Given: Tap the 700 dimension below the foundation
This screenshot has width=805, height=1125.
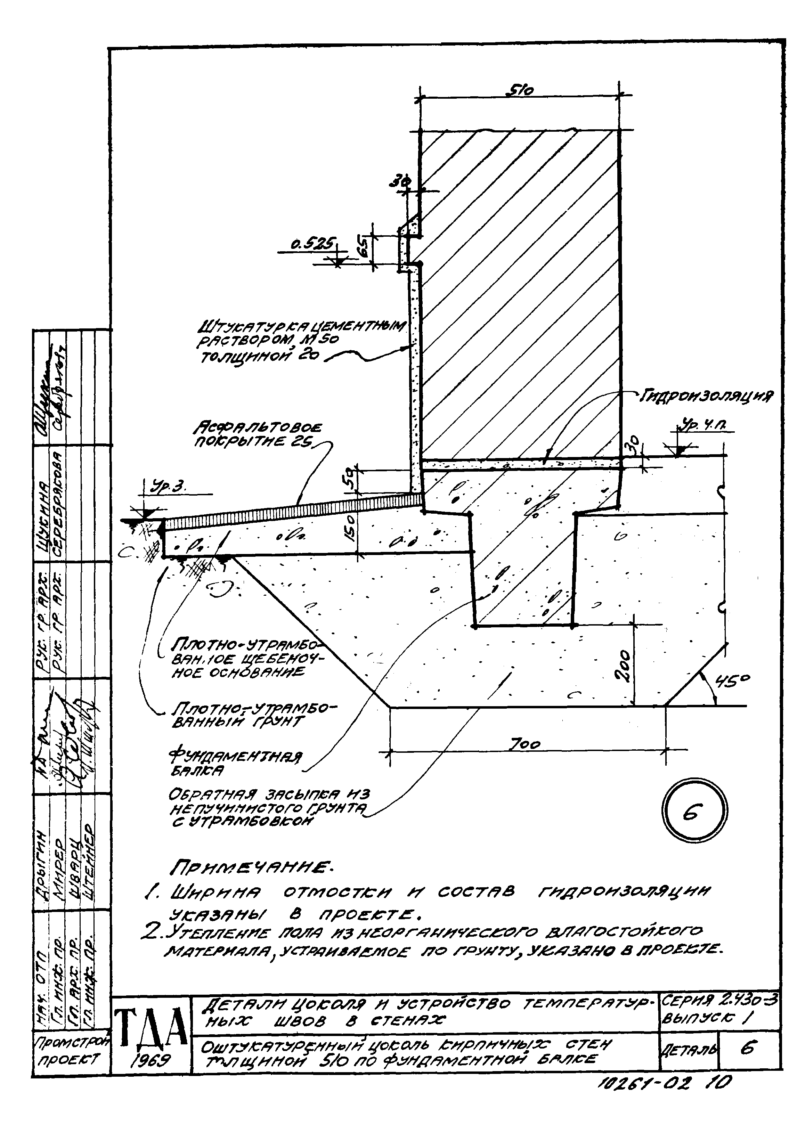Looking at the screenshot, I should [526, 743].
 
